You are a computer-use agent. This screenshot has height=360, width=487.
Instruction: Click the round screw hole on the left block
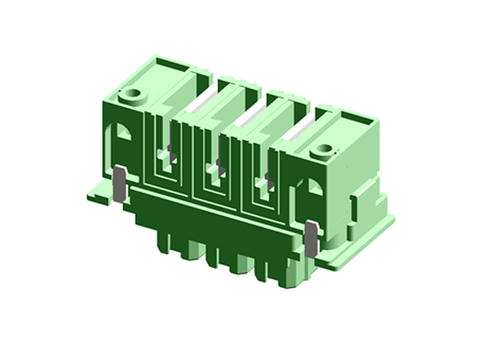click(x=131, y=94)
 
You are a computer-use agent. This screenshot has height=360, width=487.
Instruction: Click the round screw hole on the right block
click(x=324, y=150)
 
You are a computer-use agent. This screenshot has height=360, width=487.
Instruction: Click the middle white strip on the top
click(x=251, y=117)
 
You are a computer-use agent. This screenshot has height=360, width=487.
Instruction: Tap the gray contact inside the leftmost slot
click(x=170, y=150)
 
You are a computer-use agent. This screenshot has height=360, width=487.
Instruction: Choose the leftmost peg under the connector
click(x=164, y=241)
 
